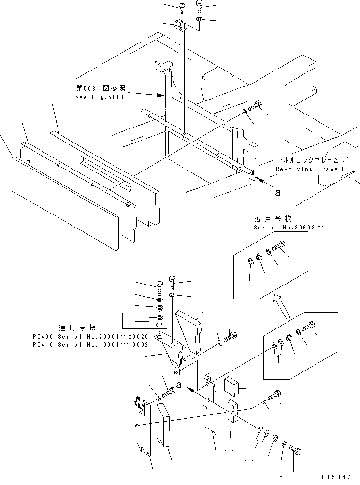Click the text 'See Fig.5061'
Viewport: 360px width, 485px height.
coord(100,97)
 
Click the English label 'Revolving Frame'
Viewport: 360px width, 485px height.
coord(307,169)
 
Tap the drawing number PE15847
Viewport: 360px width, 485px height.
coord(334,477)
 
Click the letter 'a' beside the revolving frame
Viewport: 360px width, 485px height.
coord(276,193)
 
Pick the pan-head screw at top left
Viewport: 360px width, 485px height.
coord(182,8)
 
